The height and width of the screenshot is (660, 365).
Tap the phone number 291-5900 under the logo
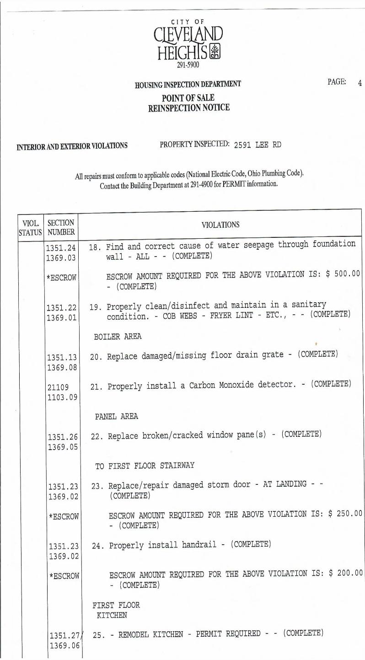[x=188, y=65]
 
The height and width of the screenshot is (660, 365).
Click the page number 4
[x=360, y=83]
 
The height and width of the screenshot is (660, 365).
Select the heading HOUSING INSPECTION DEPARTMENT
[x=188, y=85]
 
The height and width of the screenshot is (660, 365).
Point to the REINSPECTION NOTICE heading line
[x=188, y=108]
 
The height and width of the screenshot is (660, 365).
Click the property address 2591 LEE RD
[x=258, y=145]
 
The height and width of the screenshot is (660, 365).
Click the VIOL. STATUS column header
[x=30, y=227]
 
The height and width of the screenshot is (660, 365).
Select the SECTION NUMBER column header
[x=61, y=227]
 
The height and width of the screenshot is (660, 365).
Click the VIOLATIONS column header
[x=220, y=225]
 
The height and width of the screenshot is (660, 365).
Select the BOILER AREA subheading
[x=118, y=337]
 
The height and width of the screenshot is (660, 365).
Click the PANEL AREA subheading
[x=116, y=417]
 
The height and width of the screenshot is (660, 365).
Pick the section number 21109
[x=58, y=387]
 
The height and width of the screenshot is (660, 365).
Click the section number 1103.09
[x=62, y=397]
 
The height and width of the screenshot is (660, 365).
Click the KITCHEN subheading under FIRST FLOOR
[x=112, y=615]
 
